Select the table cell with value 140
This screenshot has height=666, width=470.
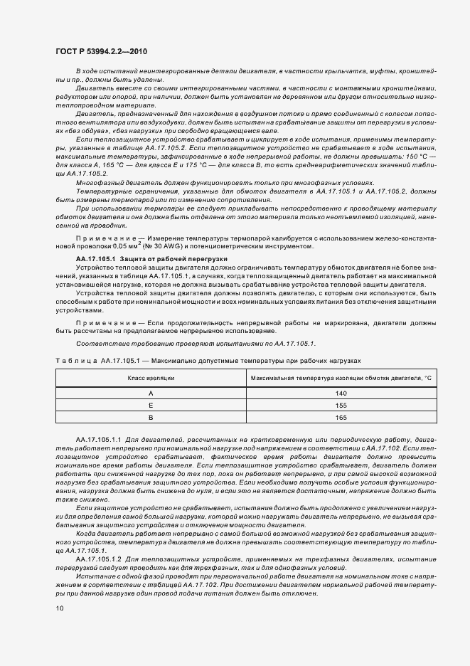(x=341, y=393)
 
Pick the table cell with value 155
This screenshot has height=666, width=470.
(x=341, y=405)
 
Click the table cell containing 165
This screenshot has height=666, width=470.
(x=341, y=418)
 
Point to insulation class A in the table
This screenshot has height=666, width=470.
(x=150, y=393)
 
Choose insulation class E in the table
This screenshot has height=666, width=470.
(x=150, y=405)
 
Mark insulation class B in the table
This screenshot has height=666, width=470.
(x=150, y=418)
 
